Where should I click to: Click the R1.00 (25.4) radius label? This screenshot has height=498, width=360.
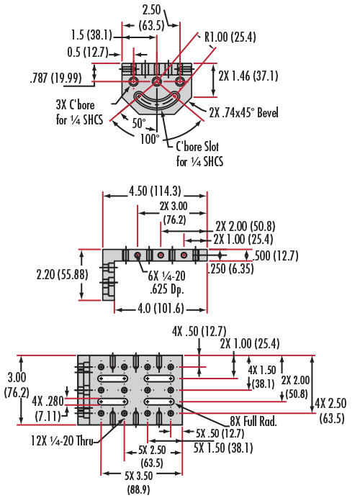[230, 37]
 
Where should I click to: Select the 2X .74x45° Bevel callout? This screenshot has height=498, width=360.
[243, 112]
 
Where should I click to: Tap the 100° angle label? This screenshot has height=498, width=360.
[150, 139]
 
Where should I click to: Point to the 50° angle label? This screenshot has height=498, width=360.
[138, 123]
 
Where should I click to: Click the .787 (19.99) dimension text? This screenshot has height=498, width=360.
[56, 78]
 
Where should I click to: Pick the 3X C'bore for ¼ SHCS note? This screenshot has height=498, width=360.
[79, 112]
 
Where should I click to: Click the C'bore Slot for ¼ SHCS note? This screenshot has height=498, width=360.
[199, 154]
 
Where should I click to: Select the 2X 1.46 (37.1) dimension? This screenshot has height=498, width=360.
[248, 76]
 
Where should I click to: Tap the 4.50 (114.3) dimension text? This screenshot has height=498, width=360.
[155, 191]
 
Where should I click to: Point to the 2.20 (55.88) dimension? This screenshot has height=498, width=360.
[62, 274]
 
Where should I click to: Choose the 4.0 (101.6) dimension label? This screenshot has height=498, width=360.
[161, 309]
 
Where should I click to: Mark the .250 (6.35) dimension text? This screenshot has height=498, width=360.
[231, 268]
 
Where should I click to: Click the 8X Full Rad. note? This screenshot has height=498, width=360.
[253, 422]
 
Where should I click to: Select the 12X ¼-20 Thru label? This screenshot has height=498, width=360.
[62, 440]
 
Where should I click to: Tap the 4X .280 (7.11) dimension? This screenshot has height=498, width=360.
[48, 409]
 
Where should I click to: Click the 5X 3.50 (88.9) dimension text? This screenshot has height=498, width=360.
[138, 482]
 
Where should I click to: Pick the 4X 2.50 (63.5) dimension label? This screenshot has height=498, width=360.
[330, 411]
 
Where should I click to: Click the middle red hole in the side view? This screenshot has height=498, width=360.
[161, 255]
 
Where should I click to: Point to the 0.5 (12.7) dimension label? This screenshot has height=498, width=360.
[88, 52]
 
